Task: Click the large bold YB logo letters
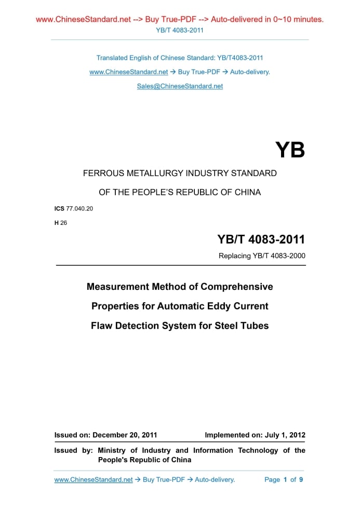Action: [x=290, y=150]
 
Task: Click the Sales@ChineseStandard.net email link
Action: [x=180, y=86]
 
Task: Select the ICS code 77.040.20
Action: [x=79, y=208]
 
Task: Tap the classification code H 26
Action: [x=61, y=223]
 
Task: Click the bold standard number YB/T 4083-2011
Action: [x=261, y=239]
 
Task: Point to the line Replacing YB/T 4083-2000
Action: [x=262, y=256]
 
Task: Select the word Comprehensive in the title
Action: [x=236, y=287]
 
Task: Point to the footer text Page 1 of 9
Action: [x=283, y=480]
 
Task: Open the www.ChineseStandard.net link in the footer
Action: [x=94, y=480]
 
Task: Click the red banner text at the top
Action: [x=180, y=19]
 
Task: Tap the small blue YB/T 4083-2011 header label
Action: [x=180, y=30]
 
